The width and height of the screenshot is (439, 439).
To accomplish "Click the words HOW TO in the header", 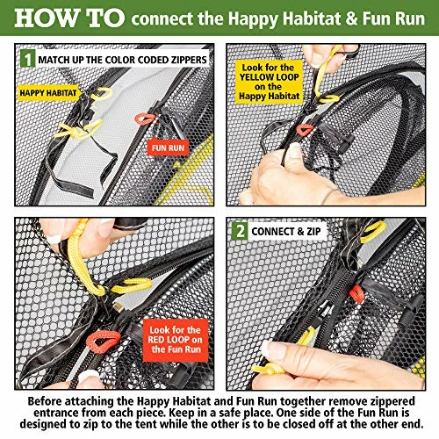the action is click(69, 18).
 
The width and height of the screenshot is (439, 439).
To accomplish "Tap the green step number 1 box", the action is click(28, 59).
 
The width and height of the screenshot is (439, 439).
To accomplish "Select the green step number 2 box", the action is click(240, 231).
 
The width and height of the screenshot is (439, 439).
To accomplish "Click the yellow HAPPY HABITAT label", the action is click(48, 93).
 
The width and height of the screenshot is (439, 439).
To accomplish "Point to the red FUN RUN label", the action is click(168, 148).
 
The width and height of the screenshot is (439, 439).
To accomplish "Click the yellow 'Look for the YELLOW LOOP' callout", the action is click(269, 82).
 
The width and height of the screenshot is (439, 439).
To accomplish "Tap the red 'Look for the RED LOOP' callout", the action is click(176, 340).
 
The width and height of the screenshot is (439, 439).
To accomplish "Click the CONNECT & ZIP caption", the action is click(286, 232).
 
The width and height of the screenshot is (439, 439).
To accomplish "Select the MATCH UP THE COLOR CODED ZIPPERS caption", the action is click(122, 60).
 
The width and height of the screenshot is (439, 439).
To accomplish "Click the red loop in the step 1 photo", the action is click(145, 119).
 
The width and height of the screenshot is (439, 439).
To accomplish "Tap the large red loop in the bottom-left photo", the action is click(103, 341).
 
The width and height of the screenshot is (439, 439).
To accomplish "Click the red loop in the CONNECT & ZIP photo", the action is click(357, 293).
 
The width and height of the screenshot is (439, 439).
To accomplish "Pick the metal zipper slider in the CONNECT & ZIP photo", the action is click(325, 311).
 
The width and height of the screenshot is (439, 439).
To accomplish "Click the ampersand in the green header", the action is click(351, 18).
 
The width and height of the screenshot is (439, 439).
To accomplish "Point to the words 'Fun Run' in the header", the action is click(393, 18).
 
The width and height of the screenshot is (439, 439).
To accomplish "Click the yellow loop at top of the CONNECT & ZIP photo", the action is click(373, 231).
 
